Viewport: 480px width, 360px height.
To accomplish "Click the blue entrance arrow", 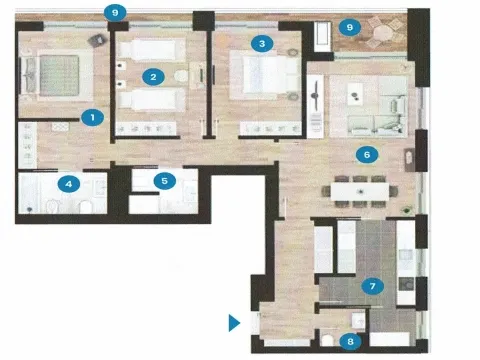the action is click(234, 323).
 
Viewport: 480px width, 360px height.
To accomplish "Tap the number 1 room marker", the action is click(92, 117).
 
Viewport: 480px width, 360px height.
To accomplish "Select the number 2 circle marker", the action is click(153, 77).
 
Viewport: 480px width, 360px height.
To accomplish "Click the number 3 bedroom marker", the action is click(262, 43).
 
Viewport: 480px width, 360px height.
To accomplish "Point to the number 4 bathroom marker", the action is click(69, 184).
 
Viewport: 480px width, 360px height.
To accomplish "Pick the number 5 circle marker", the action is click(165, 181).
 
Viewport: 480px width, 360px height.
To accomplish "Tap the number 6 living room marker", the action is click(367, 155).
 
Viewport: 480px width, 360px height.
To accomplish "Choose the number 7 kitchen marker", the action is click(373, 286).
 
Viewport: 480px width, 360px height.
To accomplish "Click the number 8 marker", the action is click(350, 341).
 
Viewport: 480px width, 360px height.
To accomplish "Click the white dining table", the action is click(360, 192).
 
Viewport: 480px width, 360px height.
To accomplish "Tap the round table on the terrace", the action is click(383, 33).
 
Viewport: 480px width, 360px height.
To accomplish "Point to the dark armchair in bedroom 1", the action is click(97, 40).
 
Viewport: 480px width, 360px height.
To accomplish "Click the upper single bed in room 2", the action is click(152, 50).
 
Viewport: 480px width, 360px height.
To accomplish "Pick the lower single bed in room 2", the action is click(152, 100).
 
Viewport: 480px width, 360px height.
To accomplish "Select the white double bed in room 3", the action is click(265, 75).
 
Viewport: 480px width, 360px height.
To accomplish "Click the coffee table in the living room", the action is click(355, 94).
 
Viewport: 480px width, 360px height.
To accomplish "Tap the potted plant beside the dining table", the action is click(406, 210).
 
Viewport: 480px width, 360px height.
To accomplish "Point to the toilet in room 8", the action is click(328, 340).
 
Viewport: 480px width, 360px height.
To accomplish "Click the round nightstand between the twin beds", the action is click(181, 76).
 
